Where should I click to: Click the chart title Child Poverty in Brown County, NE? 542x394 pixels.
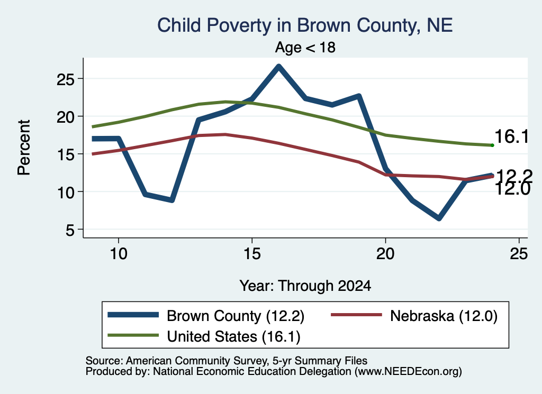(x=305, y=25)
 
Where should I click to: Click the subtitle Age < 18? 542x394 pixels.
(x=305, y=47)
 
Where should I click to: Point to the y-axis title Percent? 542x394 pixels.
(x=24, y=148)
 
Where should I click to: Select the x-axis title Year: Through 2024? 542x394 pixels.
(x=305, y=286)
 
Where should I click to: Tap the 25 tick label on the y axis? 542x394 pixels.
(x=65, y=79)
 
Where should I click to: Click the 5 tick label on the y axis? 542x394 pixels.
(x=70, y=230)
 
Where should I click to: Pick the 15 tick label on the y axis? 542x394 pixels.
(x=65, y=154)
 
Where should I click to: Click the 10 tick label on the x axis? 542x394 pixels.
(x=119, y=254)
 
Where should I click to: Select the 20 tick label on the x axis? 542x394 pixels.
(x=385, y=254)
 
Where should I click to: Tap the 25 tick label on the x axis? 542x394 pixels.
(x=519, y=254)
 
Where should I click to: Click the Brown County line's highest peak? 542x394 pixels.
(x=278, y=66)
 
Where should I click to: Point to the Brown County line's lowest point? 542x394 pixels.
(x=439, y=218)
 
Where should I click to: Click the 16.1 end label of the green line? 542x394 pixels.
(x=512, y=136)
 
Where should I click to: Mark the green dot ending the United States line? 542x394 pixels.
(x=492, y=145)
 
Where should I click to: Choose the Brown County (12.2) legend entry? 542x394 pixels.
(x=206, y=316)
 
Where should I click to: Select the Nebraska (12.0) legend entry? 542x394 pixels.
(x=414, y=316)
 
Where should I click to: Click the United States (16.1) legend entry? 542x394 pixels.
(x=204, y=336)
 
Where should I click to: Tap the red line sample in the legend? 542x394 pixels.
(x=357, y=315)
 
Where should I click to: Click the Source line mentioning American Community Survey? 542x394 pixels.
(x=227, y=361)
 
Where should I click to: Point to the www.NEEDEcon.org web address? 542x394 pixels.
(x=408, y=371)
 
